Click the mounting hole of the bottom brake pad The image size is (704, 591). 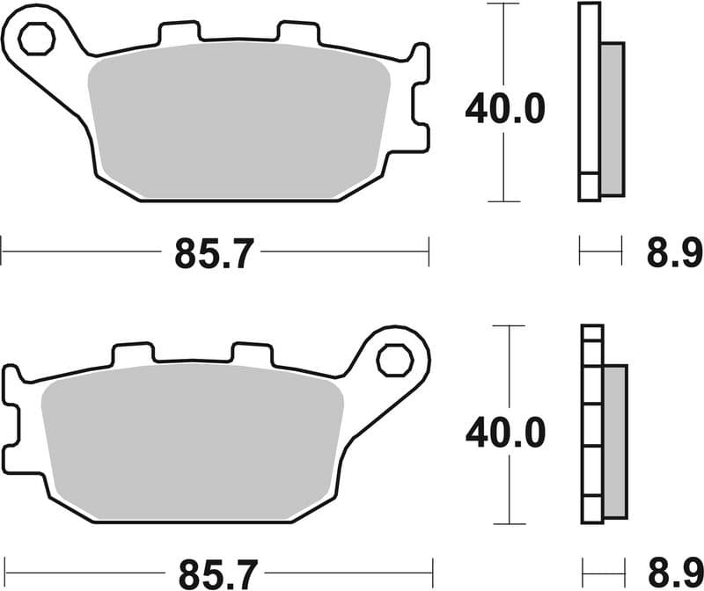[393, 359]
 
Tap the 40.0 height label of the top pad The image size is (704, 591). [505, 109]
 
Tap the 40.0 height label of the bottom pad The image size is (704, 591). [505, 432]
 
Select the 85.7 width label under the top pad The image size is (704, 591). [214, 254]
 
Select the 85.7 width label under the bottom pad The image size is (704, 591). [214, 574]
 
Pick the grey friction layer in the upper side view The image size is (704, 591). [611, 119]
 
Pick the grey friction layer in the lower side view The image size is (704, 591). [615, 440]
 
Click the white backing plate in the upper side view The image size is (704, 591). [589, 97]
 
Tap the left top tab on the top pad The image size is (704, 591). [179, 33]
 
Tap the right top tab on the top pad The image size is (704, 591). [298, 33]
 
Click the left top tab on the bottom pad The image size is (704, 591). [132, 354]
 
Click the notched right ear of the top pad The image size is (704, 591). [421, 97]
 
